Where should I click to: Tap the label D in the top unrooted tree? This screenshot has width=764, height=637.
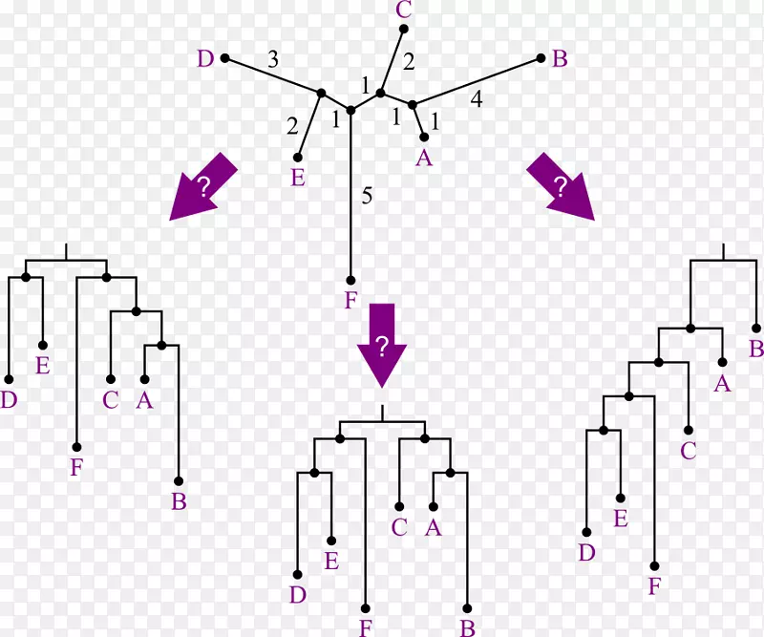click(205, 59)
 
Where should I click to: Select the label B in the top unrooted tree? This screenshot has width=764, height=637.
click(561, 58)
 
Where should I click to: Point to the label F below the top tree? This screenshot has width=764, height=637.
click(350, 301)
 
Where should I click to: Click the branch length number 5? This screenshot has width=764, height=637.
click(367, 197)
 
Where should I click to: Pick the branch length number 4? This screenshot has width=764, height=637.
click(476, 97)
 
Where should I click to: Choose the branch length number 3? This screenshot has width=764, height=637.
click(273, 59)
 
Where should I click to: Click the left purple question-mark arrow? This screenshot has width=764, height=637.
click(202, 187)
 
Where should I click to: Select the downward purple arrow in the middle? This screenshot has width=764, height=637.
click(382, 345)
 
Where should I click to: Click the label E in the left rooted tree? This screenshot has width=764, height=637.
click(42, 365)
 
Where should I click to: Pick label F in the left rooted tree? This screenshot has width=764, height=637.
click(76, 468)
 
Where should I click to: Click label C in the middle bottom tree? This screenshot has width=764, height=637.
click(399, 526)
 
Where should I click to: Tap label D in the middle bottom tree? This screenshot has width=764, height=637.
click(298, 595)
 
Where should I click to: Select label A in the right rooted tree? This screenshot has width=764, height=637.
click(723, 383)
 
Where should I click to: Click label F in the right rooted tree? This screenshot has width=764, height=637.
click(654, 586)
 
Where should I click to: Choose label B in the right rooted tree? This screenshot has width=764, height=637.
click(756, 349)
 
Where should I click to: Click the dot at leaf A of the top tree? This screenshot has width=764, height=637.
click(424, 138)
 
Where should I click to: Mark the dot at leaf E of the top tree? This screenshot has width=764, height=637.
click(298, 158)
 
